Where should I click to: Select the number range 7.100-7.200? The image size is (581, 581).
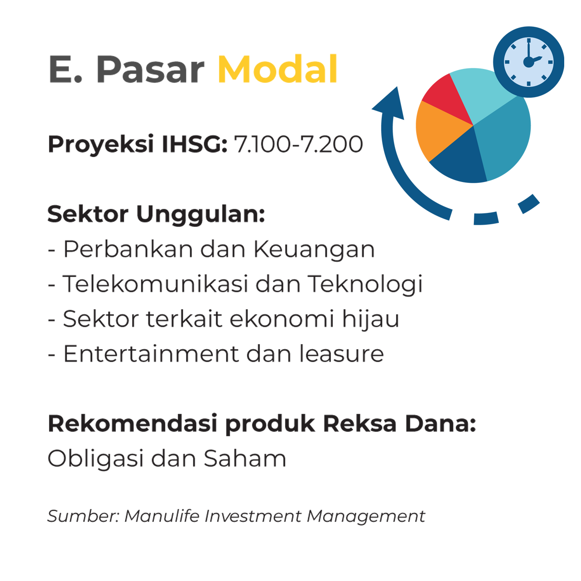click(x=298, y=144)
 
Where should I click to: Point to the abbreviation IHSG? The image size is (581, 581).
click(x=194, y=144)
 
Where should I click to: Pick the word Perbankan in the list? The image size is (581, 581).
click(x=128, y=249)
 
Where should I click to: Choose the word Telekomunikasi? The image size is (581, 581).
click(x=155, y=284)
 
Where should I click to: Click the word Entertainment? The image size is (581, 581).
click(x=151, y=354)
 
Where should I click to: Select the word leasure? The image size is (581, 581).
click(x=341, y=353)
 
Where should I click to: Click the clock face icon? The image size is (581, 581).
click(x=528, y=62)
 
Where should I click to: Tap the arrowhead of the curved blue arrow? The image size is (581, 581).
click(x=391, y=104)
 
